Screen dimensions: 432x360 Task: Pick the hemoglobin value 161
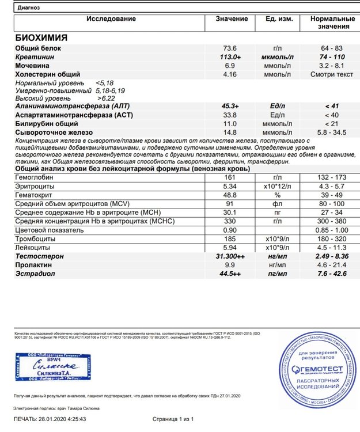point(230,178)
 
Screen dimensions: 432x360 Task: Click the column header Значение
point(232,19)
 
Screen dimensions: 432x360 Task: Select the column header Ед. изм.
point(277,19)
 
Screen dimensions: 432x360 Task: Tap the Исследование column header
point(111,19)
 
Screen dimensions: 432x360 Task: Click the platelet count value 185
point(230,238)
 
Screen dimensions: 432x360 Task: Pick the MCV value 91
point(230,204)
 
